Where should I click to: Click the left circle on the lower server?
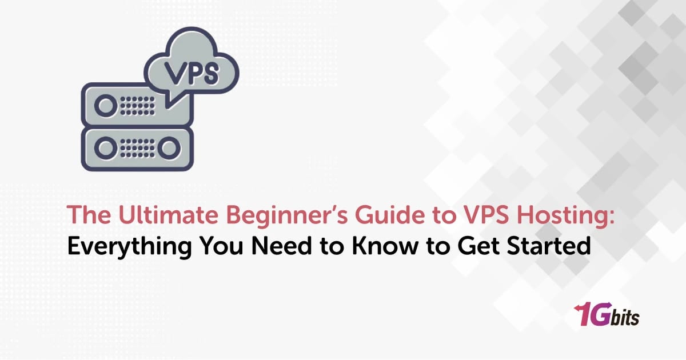click(x=105, y=149)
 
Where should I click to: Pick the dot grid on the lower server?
click(x=137, y=149)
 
